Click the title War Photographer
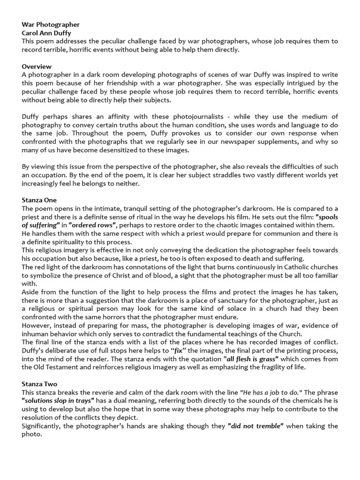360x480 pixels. pos(51,24)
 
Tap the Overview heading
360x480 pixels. pos(37,67)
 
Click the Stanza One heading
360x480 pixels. pos(39,200)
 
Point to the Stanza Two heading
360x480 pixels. pos(39,384)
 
